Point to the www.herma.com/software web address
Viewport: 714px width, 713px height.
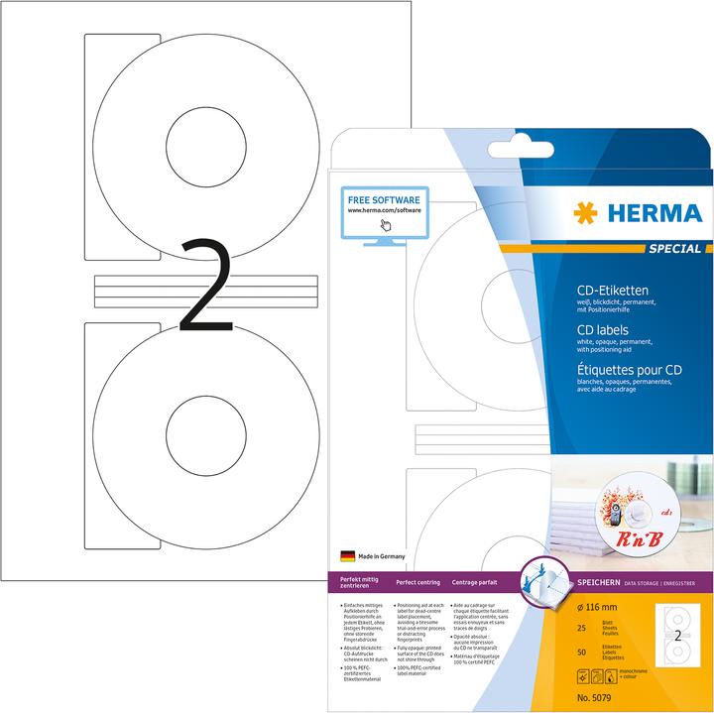384,210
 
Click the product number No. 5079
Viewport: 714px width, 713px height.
593,692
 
